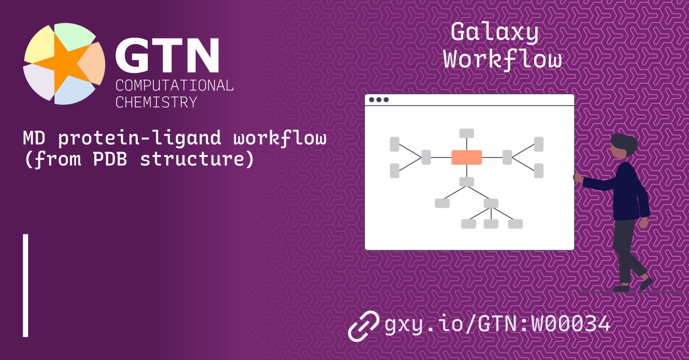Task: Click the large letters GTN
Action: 167,56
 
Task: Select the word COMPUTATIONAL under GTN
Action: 174,85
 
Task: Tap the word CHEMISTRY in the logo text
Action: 156,102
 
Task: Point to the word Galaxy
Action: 494,33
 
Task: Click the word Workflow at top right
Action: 503,60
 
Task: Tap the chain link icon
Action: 363,325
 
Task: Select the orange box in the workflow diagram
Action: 466,158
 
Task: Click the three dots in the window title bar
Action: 379,100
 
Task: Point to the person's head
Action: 623,146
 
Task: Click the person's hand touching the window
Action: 577,178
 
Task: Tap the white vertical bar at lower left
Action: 25,285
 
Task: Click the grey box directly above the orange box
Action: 466,133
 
